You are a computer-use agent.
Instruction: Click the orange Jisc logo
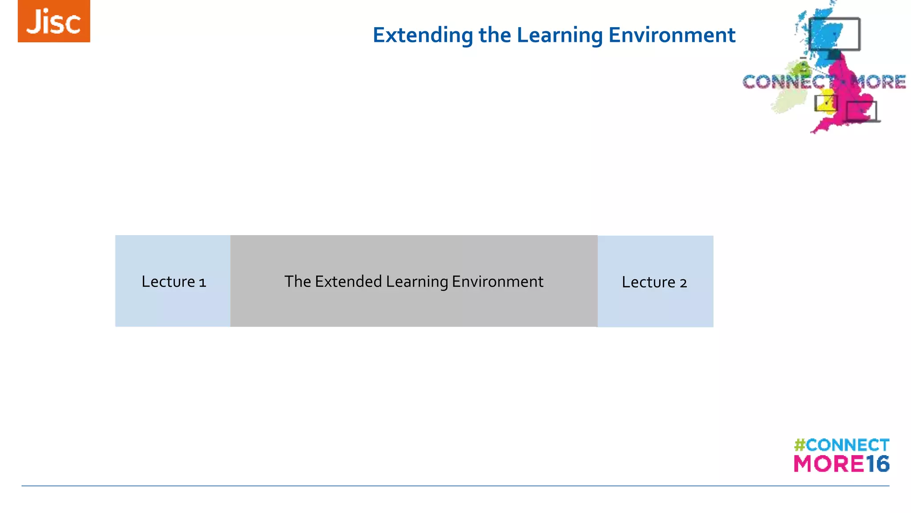tap(54, 21)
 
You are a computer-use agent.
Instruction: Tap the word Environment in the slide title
tap(672, 35)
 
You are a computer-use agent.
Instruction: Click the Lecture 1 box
tap(173, 281)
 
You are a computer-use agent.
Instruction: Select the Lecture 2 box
tap(655, 281)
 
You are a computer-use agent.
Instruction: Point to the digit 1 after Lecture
tap(202, 282)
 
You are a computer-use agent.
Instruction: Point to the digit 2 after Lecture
tap(683, 283)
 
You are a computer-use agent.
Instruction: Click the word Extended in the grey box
tap(348, 281)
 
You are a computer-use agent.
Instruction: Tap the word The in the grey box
tap(298, 281)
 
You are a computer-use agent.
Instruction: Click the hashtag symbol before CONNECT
tap(800, 445)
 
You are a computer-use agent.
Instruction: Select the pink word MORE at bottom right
tap(829, 464)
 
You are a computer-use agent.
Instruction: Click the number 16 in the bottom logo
tap(877, 464)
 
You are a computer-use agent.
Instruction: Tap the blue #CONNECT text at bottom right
tap(847, 445)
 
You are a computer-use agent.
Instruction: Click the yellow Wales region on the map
tap(826, 100)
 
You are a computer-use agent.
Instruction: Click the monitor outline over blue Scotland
tap(834, 34)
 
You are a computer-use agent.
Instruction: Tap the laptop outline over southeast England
tap(862, 111)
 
